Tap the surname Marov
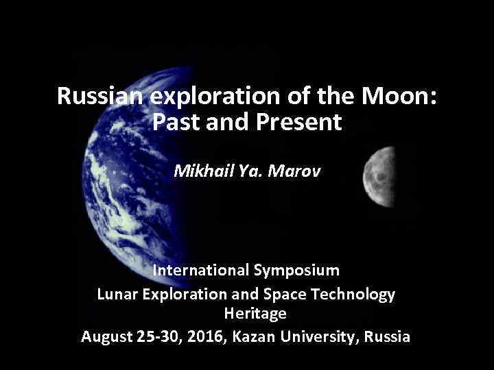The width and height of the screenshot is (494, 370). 296,169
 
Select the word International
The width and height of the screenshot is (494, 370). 201,270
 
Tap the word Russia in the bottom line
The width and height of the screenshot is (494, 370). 388,336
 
